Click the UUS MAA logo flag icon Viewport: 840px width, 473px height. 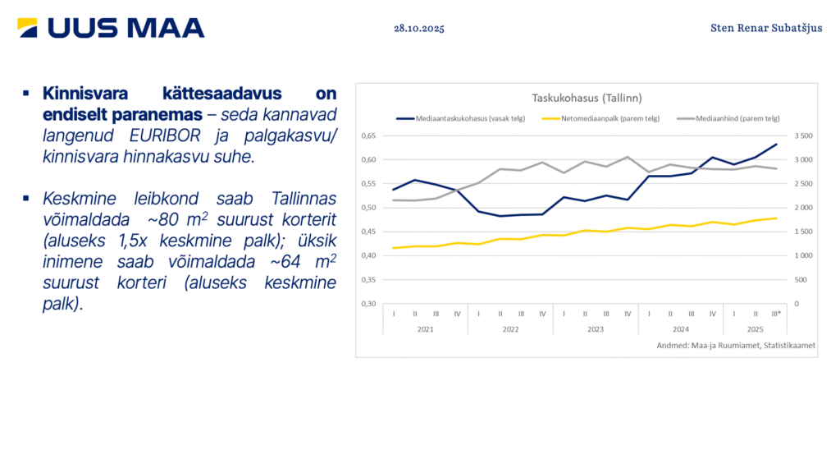click(27, 28)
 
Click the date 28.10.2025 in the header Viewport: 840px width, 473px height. click(418, 29)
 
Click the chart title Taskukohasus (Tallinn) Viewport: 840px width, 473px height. click(587, 98)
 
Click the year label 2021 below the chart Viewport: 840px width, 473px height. click(425, 328)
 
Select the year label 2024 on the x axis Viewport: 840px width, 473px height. click(680, 328)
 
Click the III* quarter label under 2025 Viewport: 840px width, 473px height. click(776, 314)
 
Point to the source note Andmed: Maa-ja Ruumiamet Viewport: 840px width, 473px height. click(736, 346)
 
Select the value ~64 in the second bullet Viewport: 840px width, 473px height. click(253, 263)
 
